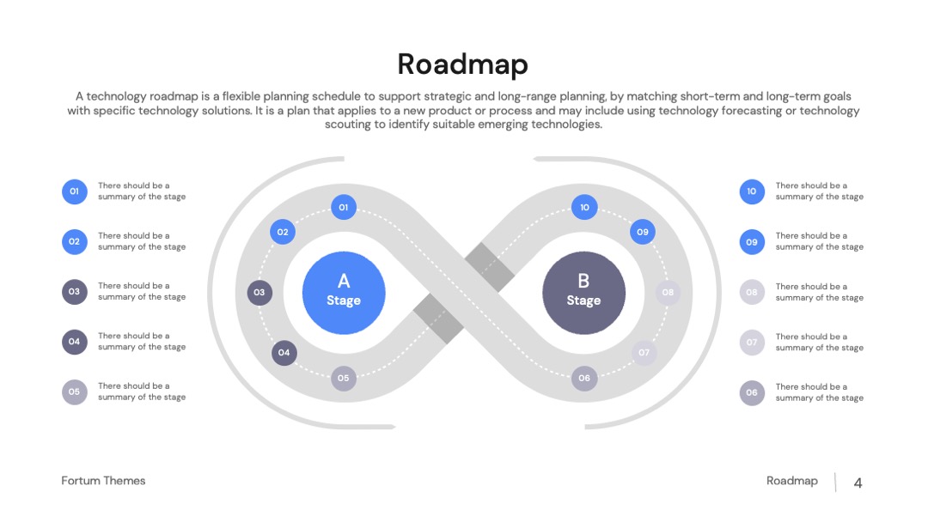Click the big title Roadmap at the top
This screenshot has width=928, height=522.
462,64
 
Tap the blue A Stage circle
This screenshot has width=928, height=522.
344,293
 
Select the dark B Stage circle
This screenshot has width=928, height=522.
583,293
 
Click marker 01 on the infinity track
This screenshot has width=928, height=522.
343,207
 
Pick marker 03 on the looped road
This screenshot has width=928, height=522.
259,292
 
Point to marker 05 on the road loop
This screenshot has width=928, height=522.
343,378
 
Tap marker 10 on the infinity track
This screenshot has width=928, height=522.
584,207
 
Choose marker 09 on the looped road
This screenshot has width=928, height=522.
642,232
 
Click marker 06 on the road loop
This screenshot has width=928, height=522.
584,378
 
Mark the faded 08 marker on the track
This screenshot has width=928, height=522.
668,292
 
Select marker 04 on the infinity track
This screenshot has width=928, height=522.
284,352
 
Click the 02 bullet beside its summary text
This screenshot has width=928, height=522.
75,242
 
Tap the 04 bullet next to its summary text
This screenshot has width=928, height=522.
75,342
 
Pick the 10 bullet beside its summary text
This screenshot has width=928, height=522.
752,191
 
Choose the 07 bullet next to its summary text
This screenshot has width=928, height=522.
752,343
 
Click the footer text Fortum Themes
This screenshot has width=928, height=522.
103,481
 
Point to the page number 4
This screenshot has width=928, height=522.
858,483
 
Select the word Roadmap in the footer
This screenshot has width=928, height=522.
792,481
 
